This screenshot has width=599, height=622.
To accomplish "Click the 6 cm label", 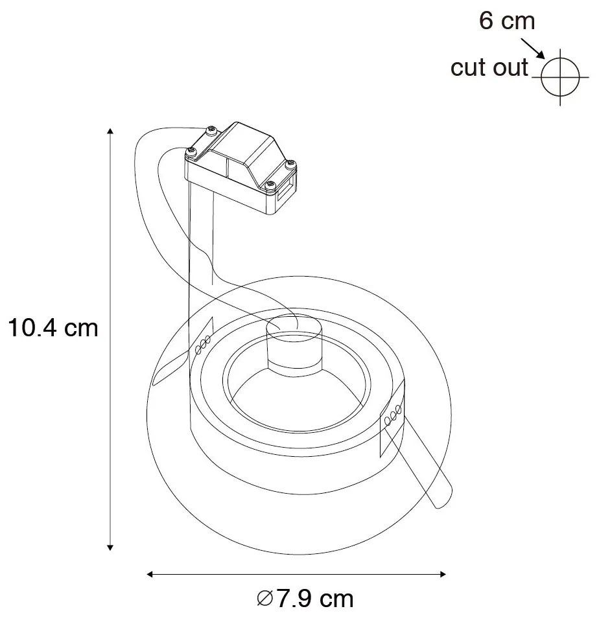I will pos(507,21).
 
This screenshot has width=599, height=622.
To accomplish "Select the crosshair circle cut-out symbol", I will pos(559,77).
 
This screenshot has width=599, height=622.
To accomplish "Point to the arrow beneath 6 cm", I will pos(532,48).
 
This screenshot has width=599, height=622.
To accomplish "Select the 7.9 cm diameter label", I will pos(305,599).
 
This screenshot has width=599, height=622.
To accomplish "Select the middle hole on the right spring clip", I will pos(393,415).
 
